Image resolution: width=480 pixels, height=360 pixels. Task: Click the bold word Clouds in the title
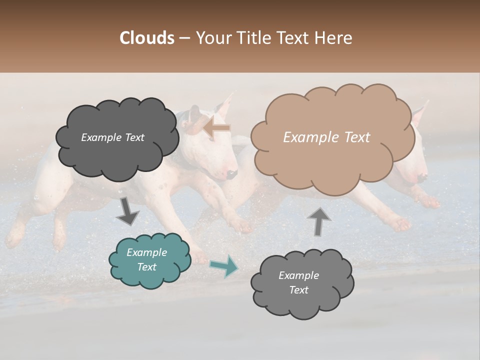click(x=146, y=38)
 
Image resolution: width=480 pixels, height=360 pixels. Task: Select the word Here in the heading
click(x=333, y=38)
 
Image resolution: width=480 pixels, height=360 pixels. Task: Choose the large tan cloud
click(x=330, y=137)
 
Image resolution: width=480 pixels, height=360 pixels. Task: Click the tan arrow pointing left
click(x=216, y=127)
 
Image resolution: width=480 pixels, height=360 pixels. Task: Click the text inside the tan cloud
click(x=326, y=137)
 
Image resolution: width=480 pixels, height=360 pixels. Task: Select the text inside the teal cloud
click(x=147, y=259)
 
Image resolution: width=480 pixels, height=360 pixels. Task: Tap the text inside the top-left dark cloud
click(x=112, y=137)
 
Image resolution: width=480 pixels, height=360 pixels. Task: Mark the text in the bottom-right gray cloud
click(x=298, y=282)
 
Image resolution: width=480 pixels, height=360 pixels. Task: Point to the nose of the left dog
click(x=231, y=174)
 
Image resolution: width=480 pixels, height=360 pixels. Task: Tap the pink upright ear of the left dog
click(x=225, y=106)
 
